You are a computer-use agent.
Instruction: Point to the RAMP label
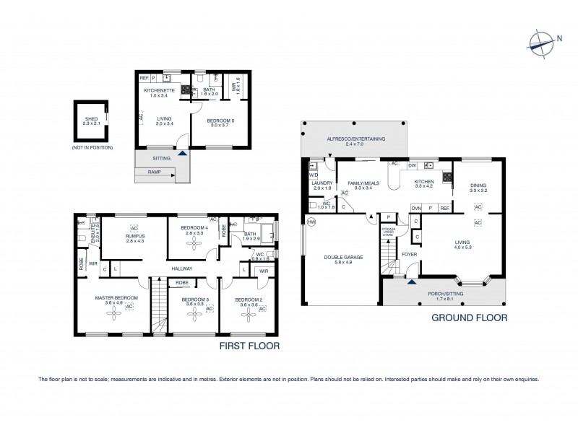coord(155,172)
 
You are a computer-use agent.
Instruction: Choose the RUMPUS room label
coord(134,236)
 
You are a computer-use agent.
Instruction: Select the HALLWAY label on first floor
coord(182,269)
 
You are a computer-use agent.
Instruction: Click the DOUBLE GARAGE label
coord(340,257)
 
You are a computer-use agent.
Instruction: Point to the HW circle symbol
coord(311,222)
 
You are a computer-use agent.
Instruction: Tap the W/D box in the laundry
coord(313,175)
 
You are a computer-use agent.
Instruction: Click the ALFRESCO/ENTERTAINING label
coord(355,138)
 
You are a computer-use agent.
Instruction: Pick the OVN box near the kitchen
coord(416,209)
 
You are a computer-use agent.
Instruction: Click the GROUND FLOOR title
coord(468,317)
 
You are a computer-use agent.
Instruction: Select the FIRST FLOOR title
coord(250,346)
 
